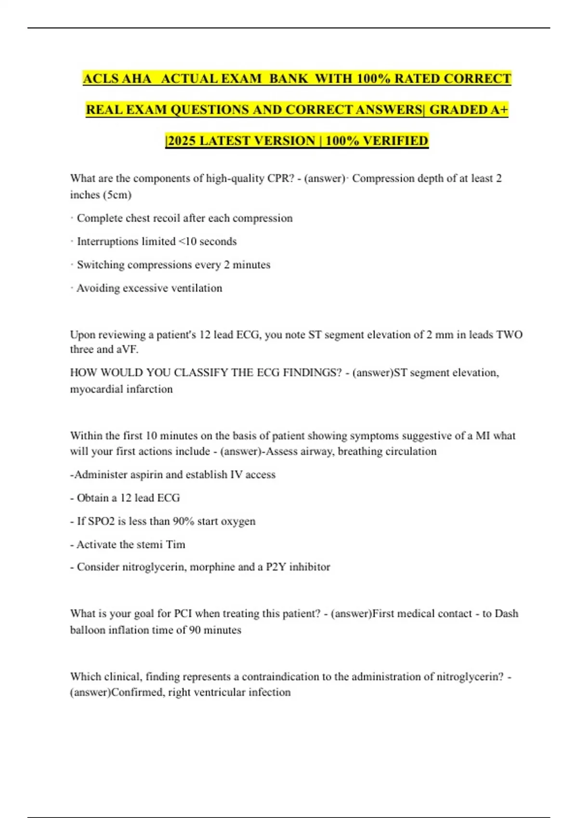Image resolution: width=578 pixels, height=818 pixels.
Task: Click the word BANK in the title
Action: pyautogui.click(x=289, y=78)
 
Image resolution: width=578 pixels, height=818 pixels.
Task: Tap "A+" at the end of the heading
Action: pyautogui.click(x=499, y=110)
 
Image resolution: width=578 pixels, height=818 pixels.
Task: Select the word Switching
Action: pyautogui.click(x=100, y=265)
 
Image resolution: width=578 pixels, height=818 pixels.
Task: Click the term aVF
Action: pyautogui.click(x=127, y=350)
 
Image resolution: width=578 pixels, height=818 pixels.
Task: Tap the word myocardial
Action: pyautogui.click(x=96, y=389)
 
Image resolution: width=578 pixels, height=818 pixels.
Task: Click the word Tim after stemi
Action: pyautogui.click(x=175, y=545)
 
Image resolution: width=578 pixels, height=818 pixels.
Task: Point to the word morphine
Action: pyautogui.click(x=212, y=567)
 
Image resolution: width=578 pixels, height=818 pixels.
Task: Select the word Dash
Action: pyautogui.click(x=506, y=613)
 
